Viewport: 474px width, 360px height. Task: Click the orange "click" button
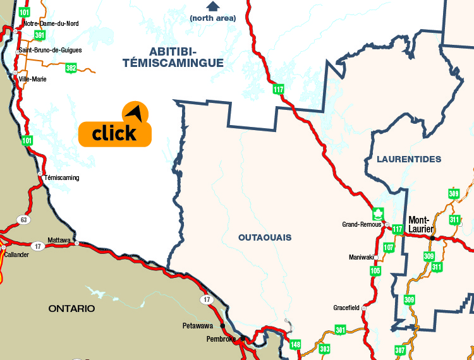(x=114, y=133)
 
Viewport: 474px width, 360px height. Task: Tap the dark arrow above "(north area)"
(x=212, y=7)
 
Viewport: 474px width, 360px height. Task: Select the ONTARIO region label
(x=71, y=308)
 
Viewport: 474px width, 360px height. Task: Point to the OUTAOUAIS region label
(x=265, y=237)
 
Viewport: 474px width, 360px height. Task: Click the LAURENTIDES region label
(x=408, y=159)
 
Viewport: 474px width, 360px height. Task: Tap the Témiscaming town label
(x=62, y=177)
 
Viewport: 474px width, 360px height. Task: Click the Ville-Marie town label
(x=33, y=79)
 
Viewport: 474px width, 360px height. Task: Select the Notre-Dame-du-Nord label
(x=51, y=23)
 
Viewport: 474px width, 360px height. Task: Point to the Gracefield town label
(x=346, y=308)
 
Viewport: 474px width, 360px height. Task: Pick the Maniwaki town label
(x=361, y=257)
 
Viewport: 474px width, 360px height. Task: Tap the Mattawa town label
(x=59, y=241)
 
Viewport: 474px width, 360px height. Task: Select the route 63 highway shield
(x=24, y=220)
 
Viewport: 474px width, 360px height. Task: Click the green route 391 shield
(x=40, y=35)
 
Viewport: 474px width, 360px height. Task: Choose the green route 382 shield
(x=71, y=68)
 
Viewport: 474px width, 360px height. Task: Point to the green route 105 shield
(x=375, y=271)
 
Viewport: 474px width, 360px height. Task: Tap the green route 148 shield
(x=295, y=344)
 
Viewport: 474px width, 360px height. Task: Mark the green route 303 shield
(x=325, y=349)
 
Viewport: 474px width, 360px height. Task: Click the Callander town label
(x=16, y=255)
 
